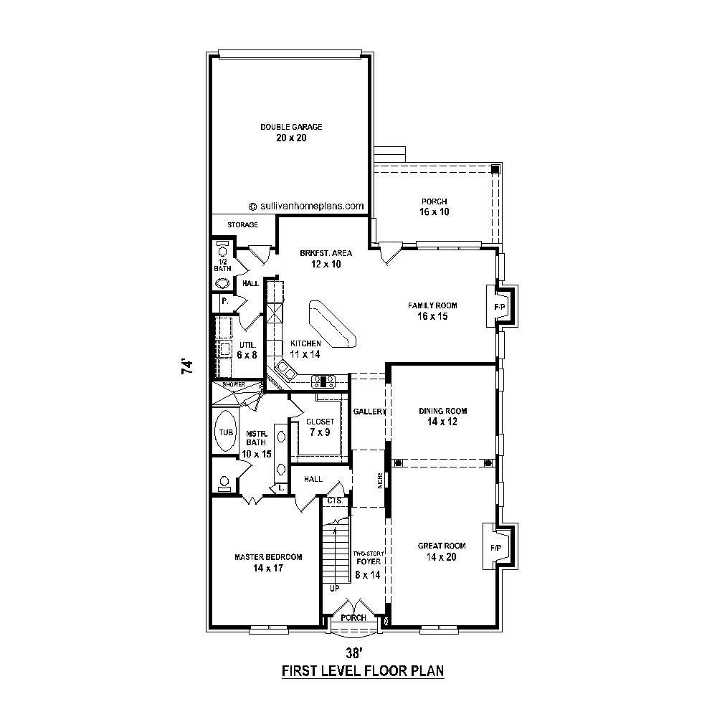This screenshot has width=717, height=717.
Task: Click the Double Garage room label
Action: [x=291, y=132]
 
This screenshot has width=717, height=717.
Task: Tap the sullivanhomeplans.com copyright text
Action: [x=306, y=206]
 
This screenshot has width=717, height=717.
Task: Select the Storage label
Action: [x=243, y=225]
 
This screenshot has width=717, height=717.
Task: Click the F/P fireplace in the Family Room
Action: [x=500, y=307]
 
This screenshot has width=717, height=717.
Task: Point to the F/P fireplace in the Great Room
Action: [x=495, y=548]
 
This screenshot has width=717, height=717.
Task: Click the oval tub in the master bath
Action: [x=225, y=432]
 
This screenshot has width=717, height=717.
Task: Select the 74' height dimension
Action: [x=187, y=366]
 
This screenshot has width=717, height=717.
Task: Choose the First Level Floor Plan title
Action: [x=363, y=672]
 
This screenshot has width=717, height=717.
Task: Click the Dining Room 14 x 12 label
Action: [x=442, y=417]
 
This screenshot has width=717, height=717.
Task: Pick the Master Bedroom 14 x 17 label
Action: [x=268, y=562]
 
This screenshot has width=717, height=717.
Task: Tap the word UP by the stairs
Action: [x=334, y=588]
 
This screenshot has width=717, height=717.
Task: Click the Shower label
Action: [x=234, y=385]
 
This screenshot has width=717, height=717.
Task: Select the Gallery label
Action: [x=369, y=412]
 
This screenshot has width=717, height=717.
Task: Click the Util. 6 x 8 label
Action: [x=247, y=349]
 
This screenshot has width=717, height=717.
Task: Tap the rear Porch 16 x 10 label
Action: [x=435, y=206]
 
